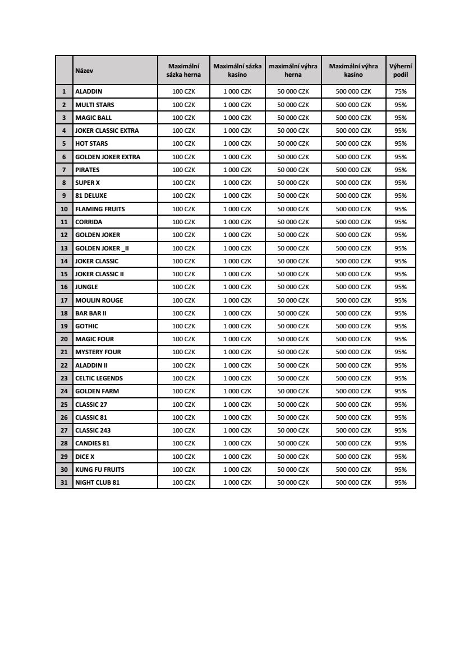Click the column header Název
(x=84, y=71)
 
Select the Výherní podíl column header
(x=401, y=71)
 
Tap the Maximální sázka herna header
(x=183, y=71)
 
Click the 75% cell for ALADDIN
(x=401, y=91)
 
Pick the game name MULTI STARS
(x=95, y=105)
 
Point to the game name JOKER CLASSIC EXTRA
(x=107, y=131)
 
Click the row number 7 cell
(x=64, y=170)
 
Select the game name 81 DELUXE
(x=91, y=196)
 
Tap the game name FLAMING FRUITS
(x=100, y=209)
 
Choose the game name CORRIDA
(x=89, y=222)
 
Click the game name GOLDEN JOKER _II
(x=102, y=248)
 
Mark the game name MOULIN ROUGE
(x=99, y=300)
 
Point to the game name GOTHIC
(x=87, y=326)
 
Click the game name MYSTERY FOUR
(x=98, y=352)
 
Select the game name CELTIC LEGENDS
(x=99, y=378)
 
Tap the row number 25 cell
(x=64, y=405)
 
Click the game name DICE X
(x=85, y=457)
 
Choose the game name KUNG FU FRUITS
(x=100, y=470)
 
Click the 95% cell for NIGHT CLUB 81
(x=401, y=482)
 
